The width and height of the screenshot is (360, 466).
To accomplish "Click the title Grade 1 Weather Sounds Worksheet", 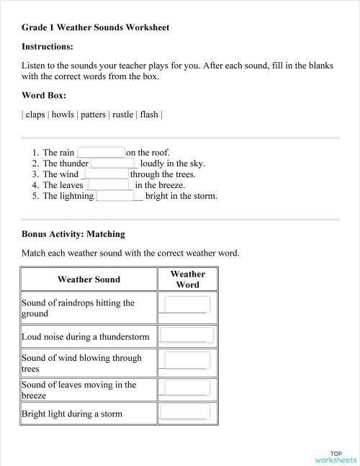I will tap(95, 27).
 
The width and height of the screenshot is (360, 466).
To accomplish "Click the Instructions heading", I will tap(48, 46).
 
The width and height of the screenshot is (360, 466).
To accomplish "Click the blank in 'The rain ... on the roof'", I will tap(101, 153).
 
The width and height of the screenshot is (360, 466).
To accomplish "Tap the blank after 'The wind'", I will tap(107, 174).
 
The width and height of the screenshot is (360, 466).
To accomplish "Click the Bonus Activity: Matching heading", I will tap(73, 234).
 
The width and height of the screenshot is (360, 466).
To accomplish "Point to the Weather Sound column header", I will tap(89, 279).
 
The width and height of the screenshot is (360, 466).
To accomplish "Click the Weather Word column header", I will tap(187, 279).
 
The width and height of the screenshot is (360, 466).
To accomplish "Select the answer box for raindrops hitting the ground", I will tap(186, 305).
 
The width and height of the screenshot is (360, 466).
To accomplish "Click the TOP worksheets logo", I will tap(336, 456).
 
